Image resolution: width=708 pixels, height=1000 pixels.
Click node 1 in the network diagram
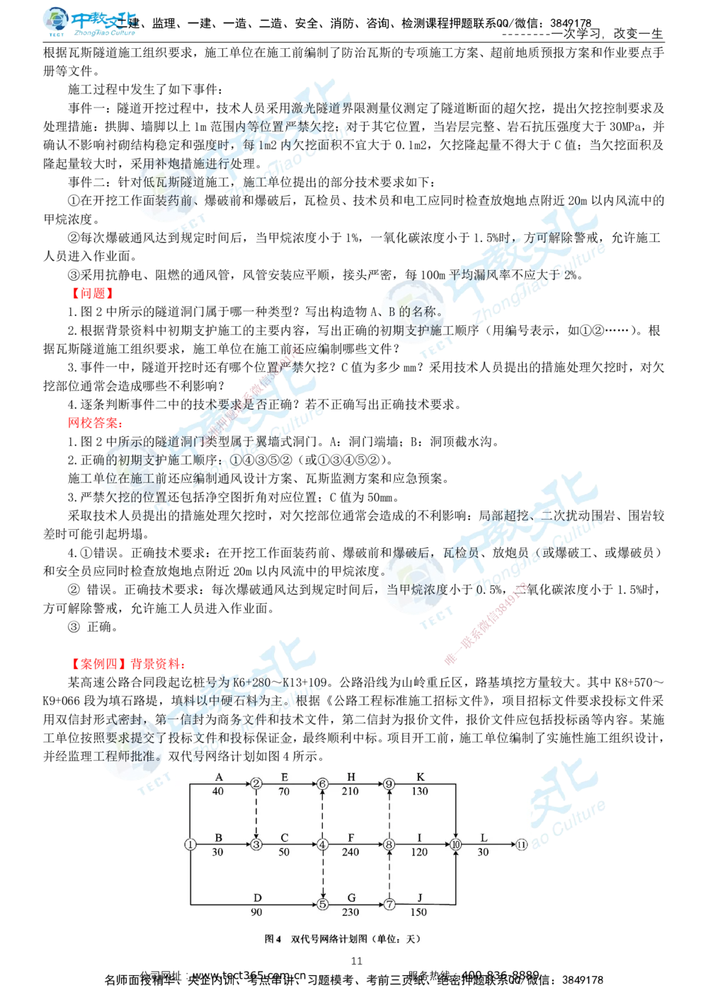click(190, 844)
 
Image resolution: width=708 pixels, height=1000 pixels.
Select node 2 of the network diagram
click(256, 784)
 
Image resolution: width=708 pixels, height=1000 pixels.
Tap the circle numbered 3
click(256, 844)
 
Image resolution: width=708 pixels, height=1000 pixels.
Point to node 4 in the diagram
click(323, 844)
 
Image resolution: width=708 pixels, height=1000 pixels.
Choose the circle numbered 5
click(323, 904)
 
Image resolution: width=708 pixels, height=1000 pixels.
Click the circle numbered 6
click(323, 784)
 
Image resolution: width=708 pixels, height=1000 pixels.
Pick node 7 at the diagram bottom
click(389, 904)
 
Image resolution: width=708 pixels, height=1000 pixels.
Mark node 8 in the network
click(389, 844)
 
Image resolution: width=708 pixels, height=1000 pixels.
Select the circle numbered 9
click(389, 784)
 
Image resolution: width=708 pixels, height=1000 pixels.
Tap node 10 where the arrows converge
click(456, 844)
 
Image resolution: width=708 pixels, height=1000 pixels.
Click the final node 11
click(521, 844)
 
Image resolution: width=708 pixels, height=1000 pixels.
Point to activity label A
click(219, 777)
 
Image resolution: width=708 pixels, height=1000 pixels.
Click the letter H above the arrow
click(351, 777)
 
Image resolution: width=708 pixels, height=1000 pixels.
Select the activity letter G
click(351, 898)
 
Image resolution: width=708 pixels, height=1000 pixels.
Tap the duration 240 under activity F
click(350, 852)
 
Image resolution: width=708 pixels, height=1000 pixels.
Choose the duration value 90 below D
click(256, 912)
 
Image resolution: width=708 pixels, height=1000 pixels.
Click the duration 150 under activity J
click(419, 912)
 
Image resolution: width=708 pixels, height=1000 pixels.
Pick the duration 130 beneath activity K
click(420, 791)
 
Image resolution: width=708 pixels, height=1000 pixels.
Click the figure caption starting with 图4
click(342, 938)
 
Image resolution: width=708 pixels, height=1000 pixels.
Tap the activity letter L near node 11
click(484, 838)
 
